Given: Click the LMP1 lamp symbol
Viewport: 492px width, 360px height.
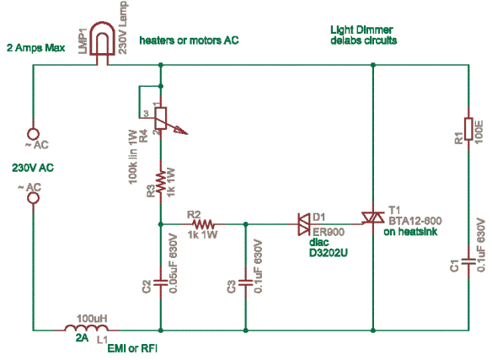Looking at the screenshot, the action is pyautogui.click(x=102, y=43).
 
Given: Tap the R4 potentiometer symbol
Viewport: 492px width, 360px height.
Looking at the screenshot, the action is pyautogui.click(x=161, y=119).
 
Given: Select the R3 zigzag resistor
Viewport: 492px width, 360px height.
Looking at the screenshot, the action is pyautogui.click(x=161, y=182).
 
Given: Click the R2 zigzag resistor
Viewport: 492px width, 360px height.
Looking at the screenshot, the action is pyautogui.click(x=203, y=224).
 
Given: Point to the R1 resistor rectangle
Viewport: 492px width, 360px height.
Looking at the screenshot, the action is pyautogui.click(x=468, y=128).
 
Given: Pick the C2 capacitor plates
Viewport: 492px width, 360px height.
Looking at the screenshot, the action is pyautogui.click(x=161, y=282).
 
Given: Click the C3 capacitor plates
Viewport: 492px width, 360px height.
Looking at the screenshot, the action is pyautogui.click(x=246, y=282).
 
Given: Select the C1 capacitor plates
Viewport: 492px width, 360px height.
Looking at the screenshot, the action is pyautogui.click(x=468, y=261).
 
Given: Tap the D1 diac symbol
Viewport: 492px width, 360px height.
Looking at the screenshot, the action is pyautogui.click(x=304, y=224).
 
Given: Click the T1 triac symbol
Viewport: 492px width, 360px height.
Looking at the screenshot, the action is pyautogui.click(x=373, y=218).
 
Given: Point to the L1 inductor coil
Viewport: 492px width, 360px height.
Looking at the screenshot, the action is pyautogui.click(x=86, y=328).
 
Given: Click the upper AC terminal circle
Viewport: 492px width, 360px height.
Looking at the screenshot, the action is pyautogui.click(x=33, y=134).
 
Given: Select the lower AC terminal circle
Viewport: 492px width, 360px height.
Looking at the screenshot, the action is pyautogui.click(x=33, y=198).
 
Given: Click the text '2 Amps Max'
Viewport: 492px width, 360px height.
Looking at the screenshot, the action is pyautogui.click(x=35, y=48).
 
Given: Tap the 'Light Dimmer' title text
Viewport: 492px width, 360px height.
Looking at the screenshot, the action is pyautogui.click(x=361, y=30).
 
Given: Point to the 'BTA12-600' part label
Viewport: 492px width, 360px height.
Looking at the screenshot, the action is pyautogui.click(x=415, y=221).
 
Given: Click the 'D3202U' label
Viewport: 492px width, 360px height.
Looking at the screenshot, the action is pyautogui.click(x=329, y=253).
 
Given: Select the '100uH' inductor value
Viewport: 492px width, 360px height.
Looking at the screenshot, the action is pyautogui.click(x=92, y=318).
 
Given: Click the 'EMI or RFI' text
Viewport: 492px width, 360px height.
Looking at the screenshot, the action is pyautogui.click(x=132, y=348).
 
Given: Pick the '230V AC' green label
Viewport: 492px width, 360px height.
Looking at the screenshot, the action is pyautogui.click(x=33, y=168).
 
